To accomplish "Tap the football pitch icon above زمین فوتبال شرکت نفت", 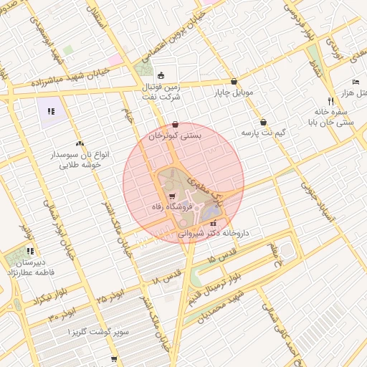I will coord(161,75).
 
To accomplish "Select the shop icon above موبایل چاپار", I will coord(234,82).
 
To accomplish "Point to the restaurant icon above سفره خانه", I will coord(330,101).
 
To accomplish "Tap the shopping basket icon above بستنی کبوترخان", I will coord(176,123).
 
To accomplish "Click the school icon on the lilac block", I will coord(51,111).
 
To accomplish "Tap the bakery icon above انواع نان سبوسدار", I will coord(79,143).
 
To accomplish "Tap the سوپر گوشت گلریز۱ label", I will coord(98,333).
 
